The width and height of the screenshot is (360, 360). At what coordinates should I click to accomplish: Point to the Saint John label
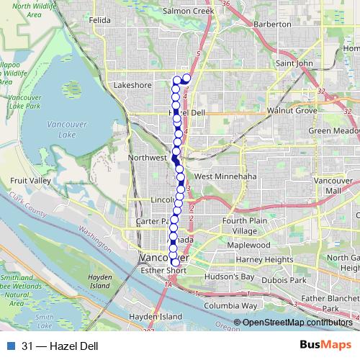tap(295, 63)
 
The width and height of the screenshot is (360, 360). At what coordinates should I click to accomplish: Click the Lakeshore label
tap(132, 85)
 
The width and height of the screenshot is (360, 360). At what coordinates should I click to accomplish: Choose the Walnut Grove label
tap(292, 111)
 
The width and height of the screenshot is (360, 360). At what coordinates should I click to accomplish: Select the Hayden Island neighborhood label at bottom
tap(156, 317)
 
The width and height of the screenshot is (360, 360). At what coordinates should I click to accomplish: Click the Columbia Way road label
tap(230, 305)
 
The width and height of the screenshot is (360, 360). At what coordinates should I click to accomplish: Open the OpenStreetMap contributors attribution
tap(297, 322)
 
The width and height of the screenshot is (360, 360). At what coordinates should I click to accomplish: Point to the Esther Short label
tap(166, 271)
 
